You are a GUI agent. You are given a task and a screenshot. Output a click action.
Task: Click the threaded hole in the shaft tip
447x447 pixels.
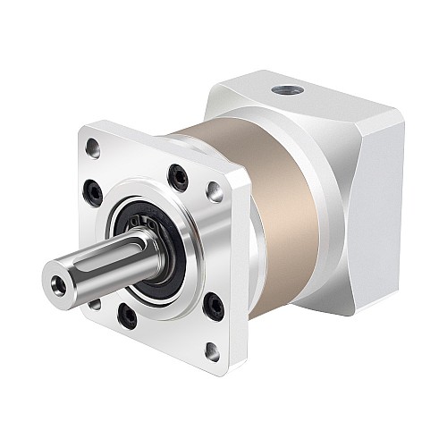tap(60, 284)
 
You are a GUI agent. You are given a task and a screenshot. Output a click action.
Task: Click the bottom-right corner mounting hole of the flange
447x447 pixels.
tap(211, 351)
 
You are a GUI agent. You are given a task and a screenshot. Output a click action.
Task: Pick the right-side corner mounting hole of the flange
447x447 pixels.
tap(215, 190)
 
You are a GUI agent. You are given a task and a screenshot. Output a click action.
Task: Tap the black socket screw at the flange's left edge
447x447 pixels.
tap(91, 190)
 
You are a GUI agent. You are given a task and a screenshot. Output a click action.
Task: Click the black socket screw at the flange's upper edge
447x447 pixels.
tap(179, 178)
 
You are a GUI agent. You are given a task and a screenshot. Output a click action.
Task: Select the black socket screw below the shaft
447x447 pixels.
tap(128, 316)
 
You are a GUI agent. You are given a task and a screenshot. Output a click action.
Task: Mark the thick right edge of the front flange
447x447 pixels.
tap(239, 268)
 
